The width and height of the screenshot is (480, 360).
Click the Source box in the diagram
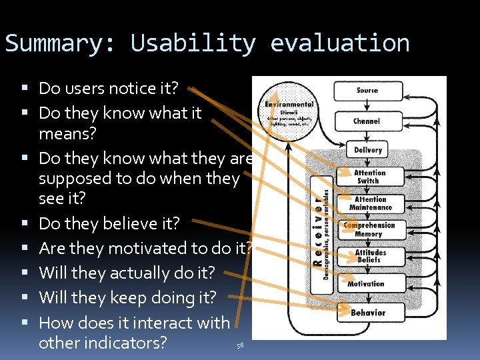click(x=367, y=91)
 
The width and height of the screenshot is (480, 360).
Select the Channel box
click(x=367, y=121)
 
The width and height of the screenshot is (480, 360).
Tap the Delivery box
click(x=367, y=151)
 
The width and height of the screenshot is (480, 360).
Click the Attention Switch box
click(x=369, y=177)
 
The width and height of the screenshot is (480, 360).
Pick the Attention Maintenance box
click(x=370, y=203)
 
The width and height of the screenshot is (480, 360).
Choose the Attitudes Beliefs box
click(x=370, y=256)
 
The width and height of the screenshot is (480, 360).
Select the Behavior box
click(x=367, y=313)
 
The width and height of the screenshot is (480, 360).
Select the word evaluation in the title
click(x=339, y=43)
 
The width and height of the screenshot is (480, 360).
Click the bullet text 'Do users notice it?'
click(x=109, y=88)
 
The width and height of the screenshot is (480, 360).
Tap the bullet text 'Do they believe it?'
click(x=109, y=223)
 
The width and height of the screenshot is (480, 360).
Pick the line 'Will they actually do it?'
click(x=127, y=273)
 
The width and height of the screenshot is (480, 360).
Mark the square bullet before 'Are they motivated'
click(x=25, y=248)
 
